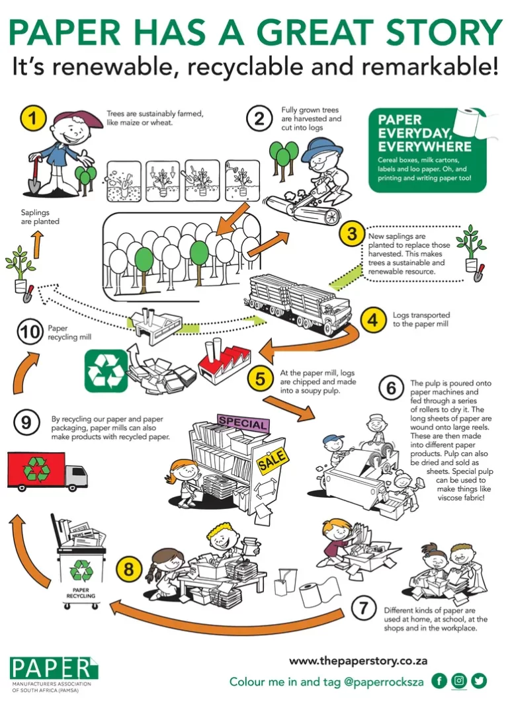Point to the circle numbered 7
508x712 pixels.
[363, 608]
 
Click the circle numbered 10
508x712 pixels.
[30, 331]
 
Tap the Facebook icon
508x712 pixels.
[439, 680]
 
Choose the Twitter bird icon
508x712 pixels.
[479, 680]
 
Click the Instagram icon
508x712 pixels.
[459, 680]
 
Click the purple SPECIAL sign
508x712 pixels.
[243, 424]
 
